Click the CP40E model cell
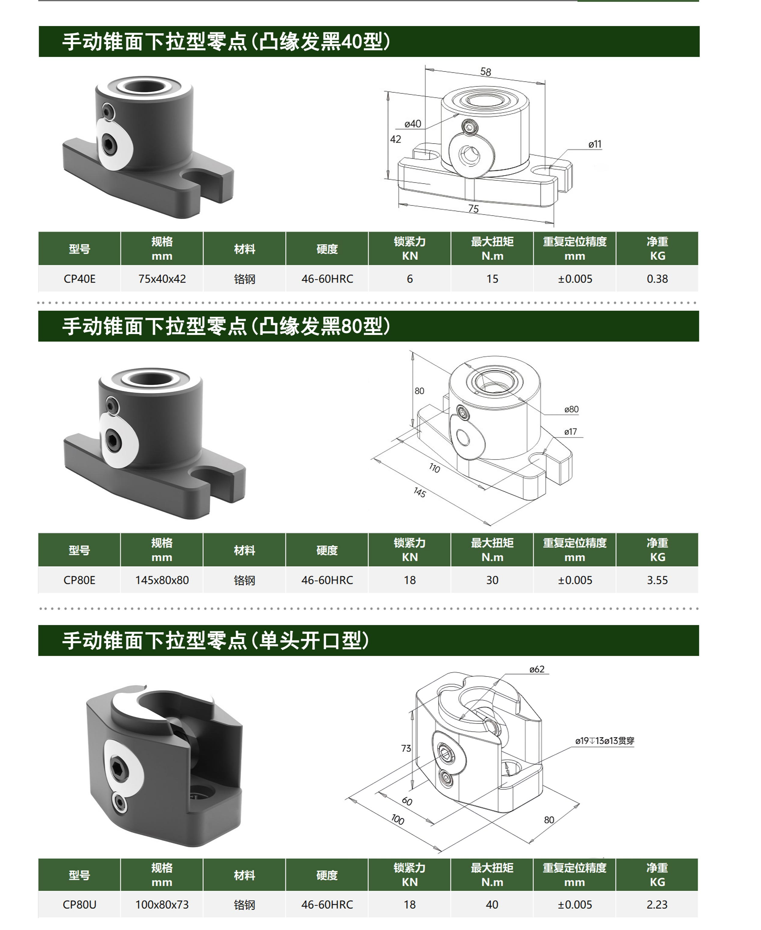[x=79, y=279]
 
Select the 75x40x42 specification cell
[x=162, y=279]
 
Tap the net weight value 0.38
[x=657, y=279]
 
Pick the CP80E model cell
[x=79, y=580]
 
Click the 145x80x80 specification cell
[x=162, y=580]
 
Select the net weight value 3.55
[x=657, y=580]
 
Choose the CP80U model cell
[x=79, y=905]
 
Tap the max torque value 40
[x=492, y=905]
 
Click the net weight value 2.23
[x=657, y=905]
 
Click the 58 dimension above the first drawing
[x=486, y=71]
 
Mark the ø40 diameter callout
[x=412, y=124]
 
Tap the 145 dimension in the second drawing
[x=419, y=493]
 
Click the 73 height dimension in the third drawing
[x=406, y=748]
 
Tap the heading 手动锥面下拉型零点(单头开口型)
[x=215, y=640]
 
